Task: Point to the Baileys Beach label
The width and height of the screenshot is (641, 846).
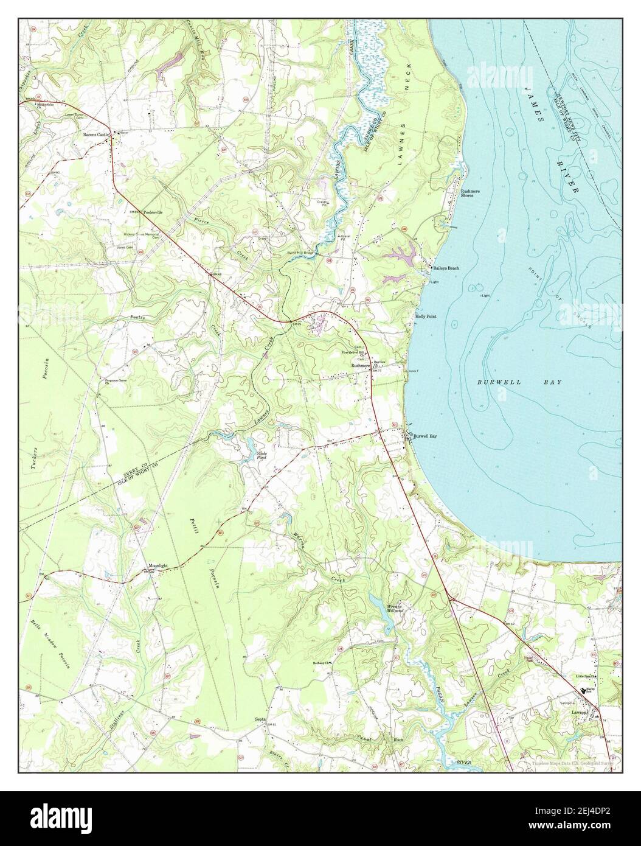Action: pyautogui.click(x=446, y=268)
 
